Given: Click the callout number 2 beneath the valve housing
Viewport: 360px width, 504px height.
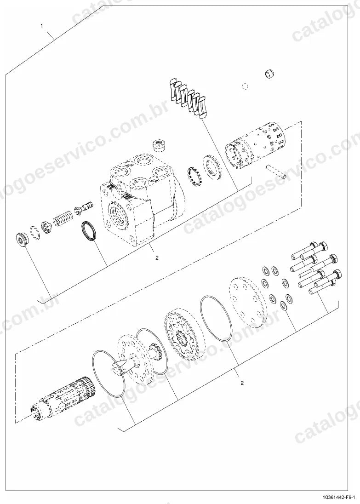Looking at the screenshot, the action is pyautogui.click(x=157, y=258).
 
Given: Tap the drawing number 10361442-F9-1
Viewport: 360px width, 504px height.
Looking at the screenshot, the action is pyautogui.click(x=340, y=498).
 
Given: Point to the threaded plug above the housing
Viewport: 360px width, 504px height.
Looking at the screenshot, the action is pyautogui.click(x=159, y=146).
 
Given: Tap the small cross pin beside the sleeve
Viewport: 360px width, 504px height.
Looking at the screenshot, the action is pyautogui.click(x=276, y=171).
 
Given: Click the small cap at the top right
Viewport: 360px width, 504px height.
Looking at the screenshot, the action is pyautogui.click(x=269, y=74).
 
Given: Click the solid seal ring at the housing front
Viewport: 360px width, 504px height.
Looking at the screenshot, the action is pyautogui.click(x=89, y=231).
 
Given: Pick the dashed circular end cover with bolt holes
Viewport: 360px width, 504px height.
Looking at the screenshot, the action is pyautogui.click(x=248, y=302).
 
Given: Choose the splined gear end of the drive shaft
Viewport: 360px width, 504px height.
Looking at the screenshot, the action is pyautogui.click(x=155, y=352).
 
